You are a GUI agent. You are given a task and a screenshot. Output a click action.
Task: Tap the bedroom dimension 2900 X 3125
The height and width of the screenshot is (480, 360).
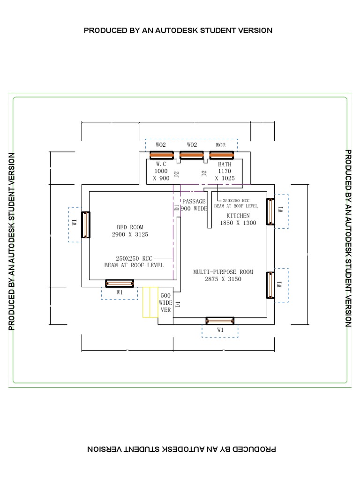point(130,234)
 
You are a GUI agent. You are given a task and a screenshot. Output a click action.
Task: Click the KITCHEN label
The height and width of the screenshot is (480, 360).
point(238,216)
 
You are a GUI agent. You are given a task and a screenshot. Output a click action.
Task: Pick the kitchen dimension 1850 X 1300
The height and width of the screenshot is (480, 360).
point(238,223)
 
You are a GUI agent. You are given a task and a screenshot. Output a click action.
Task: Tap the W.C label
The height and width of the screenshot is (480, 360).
point(161,164)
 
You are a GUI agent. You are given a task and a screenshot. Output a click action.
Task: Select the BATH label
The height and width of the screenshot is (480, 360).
point(225,165)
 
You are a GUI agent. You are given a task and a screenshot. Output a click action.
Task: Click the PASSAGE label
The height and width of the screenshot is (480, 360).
point(194,202)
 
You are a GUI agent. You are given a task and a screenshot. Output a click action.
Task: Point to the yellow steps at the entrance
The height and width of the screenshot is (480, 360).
point(150,302)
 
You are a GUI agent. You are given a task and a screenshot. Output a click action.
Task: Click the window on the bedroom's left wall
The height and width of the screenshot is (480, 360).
point(86,225)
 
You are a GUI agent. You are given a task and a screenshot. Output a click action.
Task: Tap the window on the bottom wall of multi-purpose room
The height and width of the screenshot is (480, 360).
point(220,321)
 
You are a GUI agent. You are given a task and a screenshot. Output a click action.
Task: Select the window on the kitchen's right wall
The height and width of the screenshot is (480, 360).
point(270,212)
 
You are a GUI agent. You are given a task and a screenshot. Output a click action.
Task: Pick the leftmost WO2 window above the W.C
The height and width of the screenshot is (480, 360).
point(161,155)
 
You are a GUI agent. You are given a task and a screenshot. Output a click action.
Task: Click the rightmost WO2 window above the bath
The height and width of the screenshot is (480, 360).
point(221,155)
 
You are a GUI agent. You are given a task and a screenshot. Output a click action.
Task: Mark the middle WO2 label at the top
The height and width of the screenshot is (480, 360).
point(192,145)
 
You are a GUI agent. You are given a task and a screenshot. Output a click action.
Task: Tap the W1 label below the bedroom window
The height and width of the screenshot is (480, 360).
point(120,292)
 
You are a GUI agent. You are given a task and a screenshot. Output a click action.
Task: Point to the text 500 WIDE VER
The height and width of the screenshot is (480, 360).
point(166,303)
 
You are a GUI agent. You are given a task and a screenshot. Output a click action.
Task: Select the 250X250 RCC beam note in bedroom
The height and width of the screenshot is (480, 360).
point(134,262)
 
